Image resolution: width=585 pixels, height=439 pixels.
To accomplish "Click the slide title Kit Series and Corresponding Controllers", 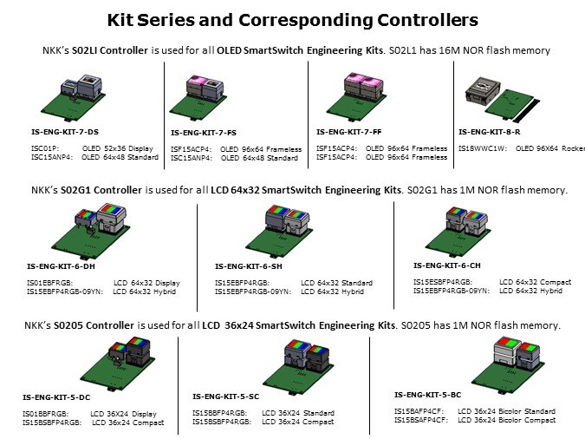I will click(292, 19).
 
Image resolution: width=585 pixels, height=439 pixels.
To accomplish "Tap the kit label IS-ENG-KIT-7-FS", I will click(203, 133).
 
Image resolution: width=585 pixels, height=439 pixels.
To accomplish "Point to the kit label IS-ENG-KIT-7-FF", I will click(348, 132).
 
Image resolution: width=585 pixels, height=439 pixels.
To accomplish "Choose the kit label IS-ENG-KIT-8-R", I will click(490, 132).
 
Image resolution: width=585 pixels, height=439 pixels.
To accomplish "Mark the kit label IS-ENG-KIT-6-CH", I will click(447, 265).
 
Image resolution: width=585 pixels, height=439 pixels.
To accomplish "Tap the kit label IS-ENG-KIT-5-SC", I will click(227, 396).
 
